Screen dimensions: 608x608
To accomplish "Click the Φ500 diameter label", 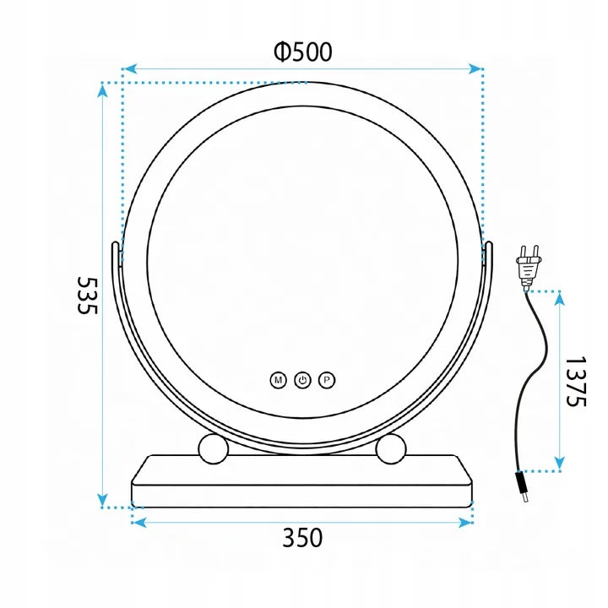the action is coord(303,52).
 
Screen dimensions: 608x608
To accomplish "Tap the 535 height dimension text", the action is coord(88,295).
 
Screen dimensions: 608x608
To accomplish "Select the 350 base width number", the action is coord(302,538).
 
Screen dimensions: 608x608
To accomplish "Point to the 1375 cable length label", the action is coord(576,382).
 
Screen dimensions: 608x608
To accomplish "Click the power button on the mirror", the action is coord(302,380).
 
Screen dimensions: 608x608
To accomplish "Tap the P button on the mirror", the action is coord(327,380).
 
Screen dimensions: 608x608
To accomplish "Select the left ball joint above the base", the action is coord(214,449).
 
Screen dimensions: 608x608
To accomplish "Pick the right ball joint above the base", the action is coord(391,449).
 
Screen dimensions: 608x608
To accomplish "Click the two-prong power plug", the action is coord(528,267).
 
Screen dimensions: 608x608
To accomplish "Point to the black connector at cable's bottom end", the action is coord(522,487).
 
